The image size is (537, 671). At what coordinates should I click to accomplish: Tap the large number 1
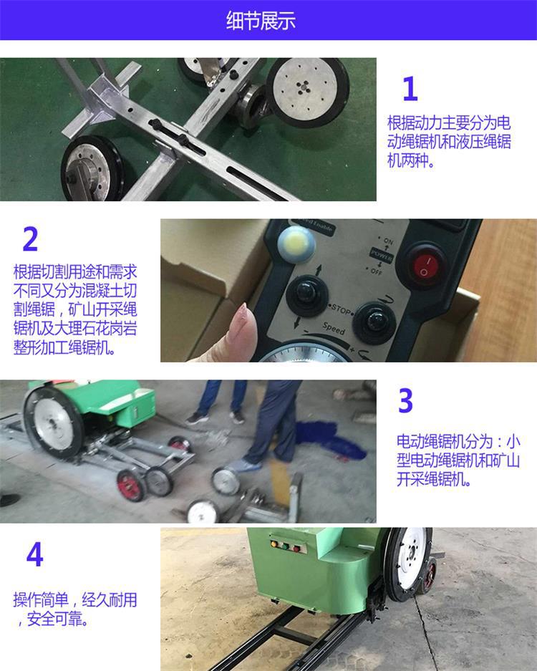pyautogui.click(x=410, y=90)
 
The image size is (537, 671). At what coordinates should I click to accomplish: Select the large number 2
pyautogui.click(x=30, y=240)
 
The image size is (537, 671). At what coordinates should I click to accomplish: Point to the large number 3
pyautogui.click(x=405, y=402)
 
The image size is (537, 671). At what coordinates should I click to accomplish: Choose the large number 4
pyautogui.click(x=34, y=555)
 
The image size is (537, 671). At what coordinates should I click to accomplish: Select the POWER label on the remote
pyautogui.click(x=381, y=254)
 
